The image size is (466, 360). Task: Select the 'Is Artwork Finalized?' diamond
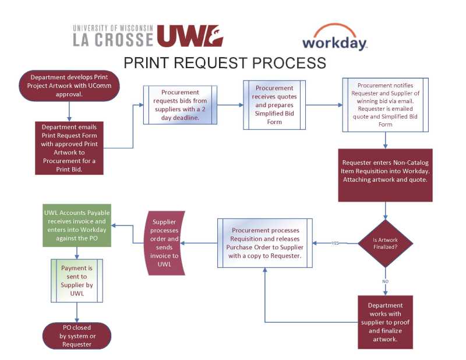click(x=385, y=242)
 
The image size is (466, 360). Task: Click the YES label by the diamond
click(x=335, y=243)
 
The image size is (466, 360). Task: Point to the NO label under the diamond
click(x=385, y=281)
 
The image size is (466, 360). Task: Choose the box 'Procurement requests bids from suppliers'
click(x=180, y=105)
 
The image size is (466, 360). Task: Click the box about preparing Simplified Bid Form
click(x=274, y=105)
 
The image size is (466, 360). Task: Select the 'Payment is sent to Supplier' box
click(x=77, y=281)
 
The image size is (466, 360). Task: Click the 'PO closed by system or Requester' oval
click(x=76, y=336)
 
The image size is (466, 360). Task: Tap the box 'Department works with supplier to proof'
click(x=385, y=322)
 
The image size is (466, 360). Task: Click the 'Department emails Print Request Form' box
click(x=69, y=148)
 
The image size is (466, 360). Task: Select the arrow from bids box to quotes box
click(x=230, y=105)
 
